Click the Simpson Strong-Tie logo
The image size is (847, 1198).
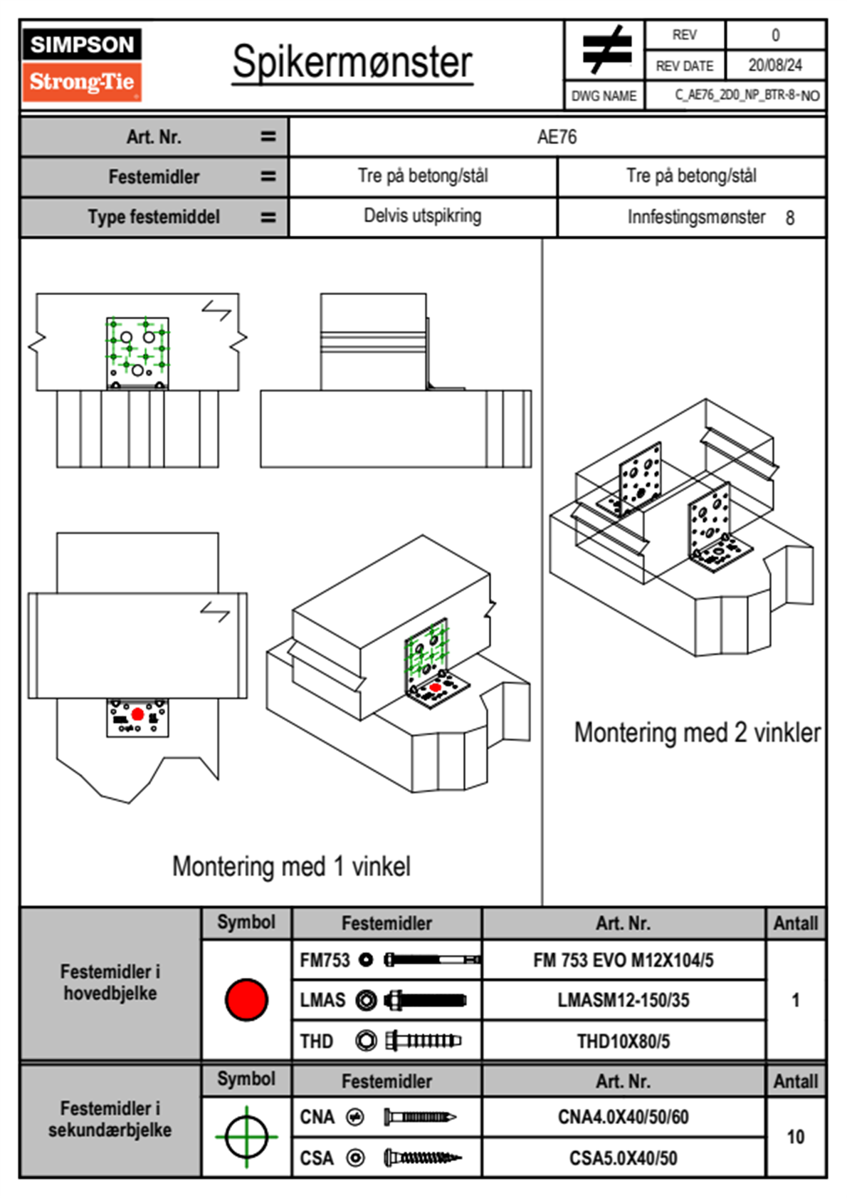tap(82, 65)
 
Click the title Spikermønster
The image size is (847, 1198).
tap(352, 62)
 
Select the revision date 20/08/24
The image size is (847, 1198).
tap(774, 66)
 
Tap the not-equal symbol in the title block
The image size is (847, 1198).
tap(606, 51)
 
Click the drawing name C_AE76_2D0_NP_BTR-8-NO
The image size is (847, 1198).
tap(747, 95)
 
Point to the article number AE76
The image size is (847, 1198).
tap(557, 137)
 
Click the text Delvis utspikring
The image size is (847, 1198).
tap(422, 216)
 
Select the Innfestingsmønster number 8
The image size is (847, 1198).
tap(789, 218)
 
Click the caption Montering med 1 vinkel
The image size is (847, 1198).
tap(291, 866)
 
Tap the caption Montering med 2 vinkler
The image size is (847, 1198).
tap(697, 732)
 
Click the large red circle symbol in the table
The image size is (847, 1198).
tap(246, 999)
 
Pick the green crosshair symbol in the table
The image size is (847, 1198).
tap(246, 1137)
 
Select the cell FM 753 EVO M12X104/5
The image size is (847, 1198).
tap(623, 960)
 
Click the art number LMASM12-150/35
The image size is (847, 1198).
tap(623, 1000)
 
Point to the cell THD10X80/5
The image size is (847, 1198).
tap(623, 1041)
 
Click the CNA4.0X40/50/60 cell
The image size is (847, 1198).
tap(623, 1117)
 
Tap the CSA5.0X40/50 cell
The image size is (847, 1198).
tap(623, 1158)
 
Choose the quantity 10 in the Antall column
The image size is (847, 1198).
tap(795, 1137)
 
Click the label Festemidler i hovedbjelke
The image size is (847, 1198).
tap(110, 982)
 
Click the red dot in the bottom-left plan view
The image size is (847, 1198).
tap(137, 714)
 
